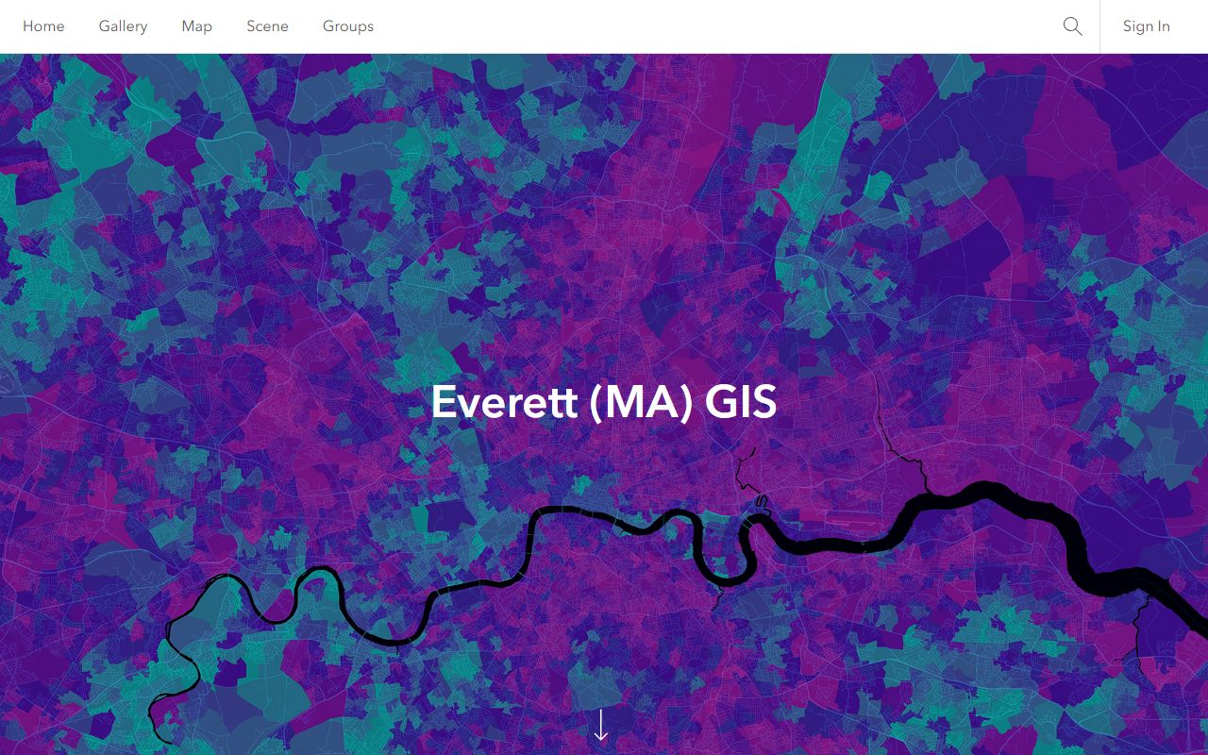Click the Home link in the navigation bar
click(43, 26)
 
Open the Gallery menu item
click(123, 26)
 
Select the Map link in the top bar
click(196, 26)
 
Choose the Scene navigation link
click(267, 26)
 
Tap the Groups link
click(348, 26)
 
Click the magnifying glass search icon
click(1072, 26)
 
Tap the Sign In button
click(1146, 26)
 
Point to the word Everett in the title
click(504, 402)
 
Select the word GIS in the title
click(741, 402)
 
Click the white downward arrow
click(601, 725)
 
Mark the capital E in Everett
click(443, 402)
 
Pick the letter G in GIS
click(722, 402)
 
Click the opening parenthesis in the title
click(596, 403)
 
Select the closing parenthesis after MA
click(686, 403)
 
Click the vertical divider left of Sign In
click(1099, 26)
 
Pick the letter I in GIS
click(746, 402)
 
